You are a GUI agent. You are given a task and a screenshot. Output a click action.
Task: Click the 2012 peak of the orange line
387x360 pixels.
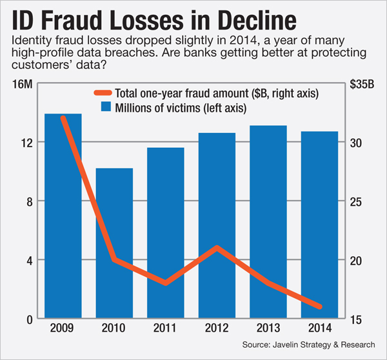tap(217, 248)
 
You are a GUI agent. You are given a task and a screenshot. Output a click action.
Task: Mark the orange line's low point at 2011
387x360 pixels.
tap(166, 283)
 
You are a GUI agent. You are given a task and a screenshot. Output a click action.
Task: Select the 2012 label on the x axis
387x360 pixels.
tap(217, 328)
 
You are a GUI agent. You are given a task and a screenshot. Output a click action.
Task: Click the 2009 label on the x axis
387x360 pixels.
tap(63, 328)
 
